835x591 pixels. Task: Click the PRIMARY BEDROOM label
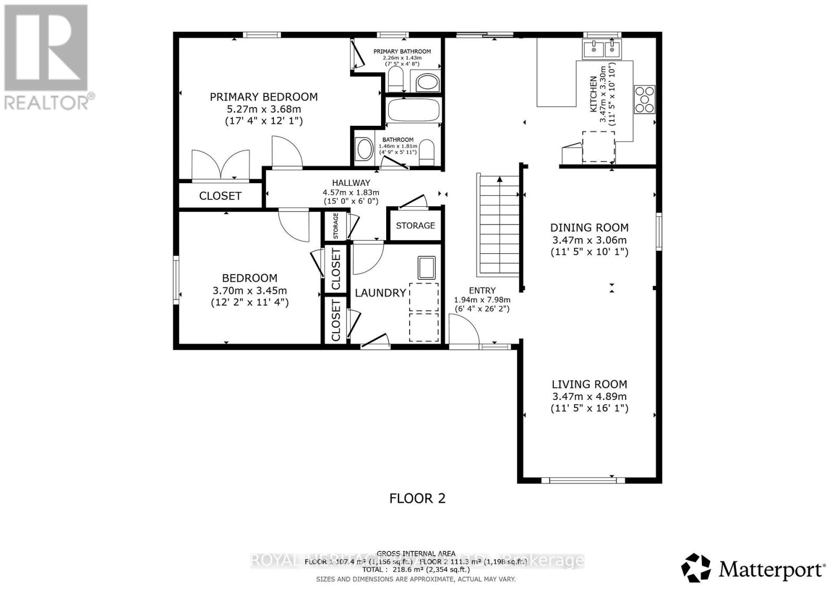264,97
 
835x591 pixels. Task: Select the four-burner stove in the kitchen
644,99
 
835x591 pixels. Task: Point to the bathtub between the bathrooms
414,110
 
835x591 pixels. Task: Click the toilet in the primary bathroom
396,80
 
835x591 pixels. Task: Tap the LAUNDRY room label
380,293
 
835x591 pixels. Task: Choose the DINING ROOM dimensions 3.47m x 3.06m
589,241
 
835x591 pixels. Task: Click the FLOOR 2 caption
417,499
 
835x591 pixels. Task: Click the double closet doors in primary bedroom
220,164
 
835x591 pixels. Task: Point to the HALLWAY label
351,183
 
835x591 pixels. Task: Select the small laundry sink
426,267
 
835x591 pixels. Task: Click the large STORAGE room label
415,226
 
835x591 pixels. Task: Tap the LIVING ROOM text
589,384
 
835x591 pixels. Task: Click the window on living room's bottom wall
582,480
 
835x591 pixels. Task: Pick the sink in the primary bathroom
427,82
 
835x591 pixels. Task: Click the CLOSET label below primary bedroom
220,196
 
